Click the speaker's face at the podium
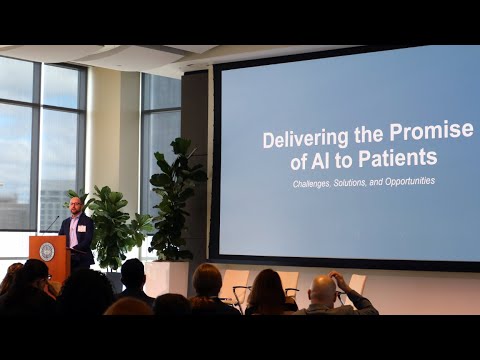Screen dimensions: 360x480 pos(76,205)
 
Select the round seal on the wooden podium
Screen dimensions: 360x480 pos(47,252)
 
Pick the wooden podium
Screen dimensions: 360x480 pos(49,257)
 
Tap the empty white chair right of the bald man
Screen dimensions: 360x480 pos(357,284)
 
